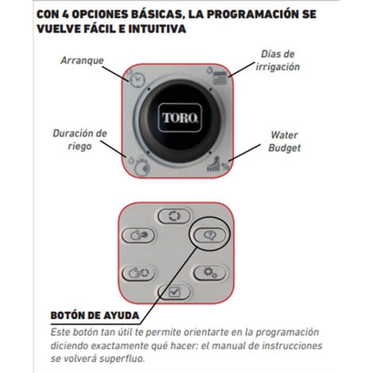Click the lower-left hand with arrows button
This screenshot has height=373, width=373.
(x=138, y=273)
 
